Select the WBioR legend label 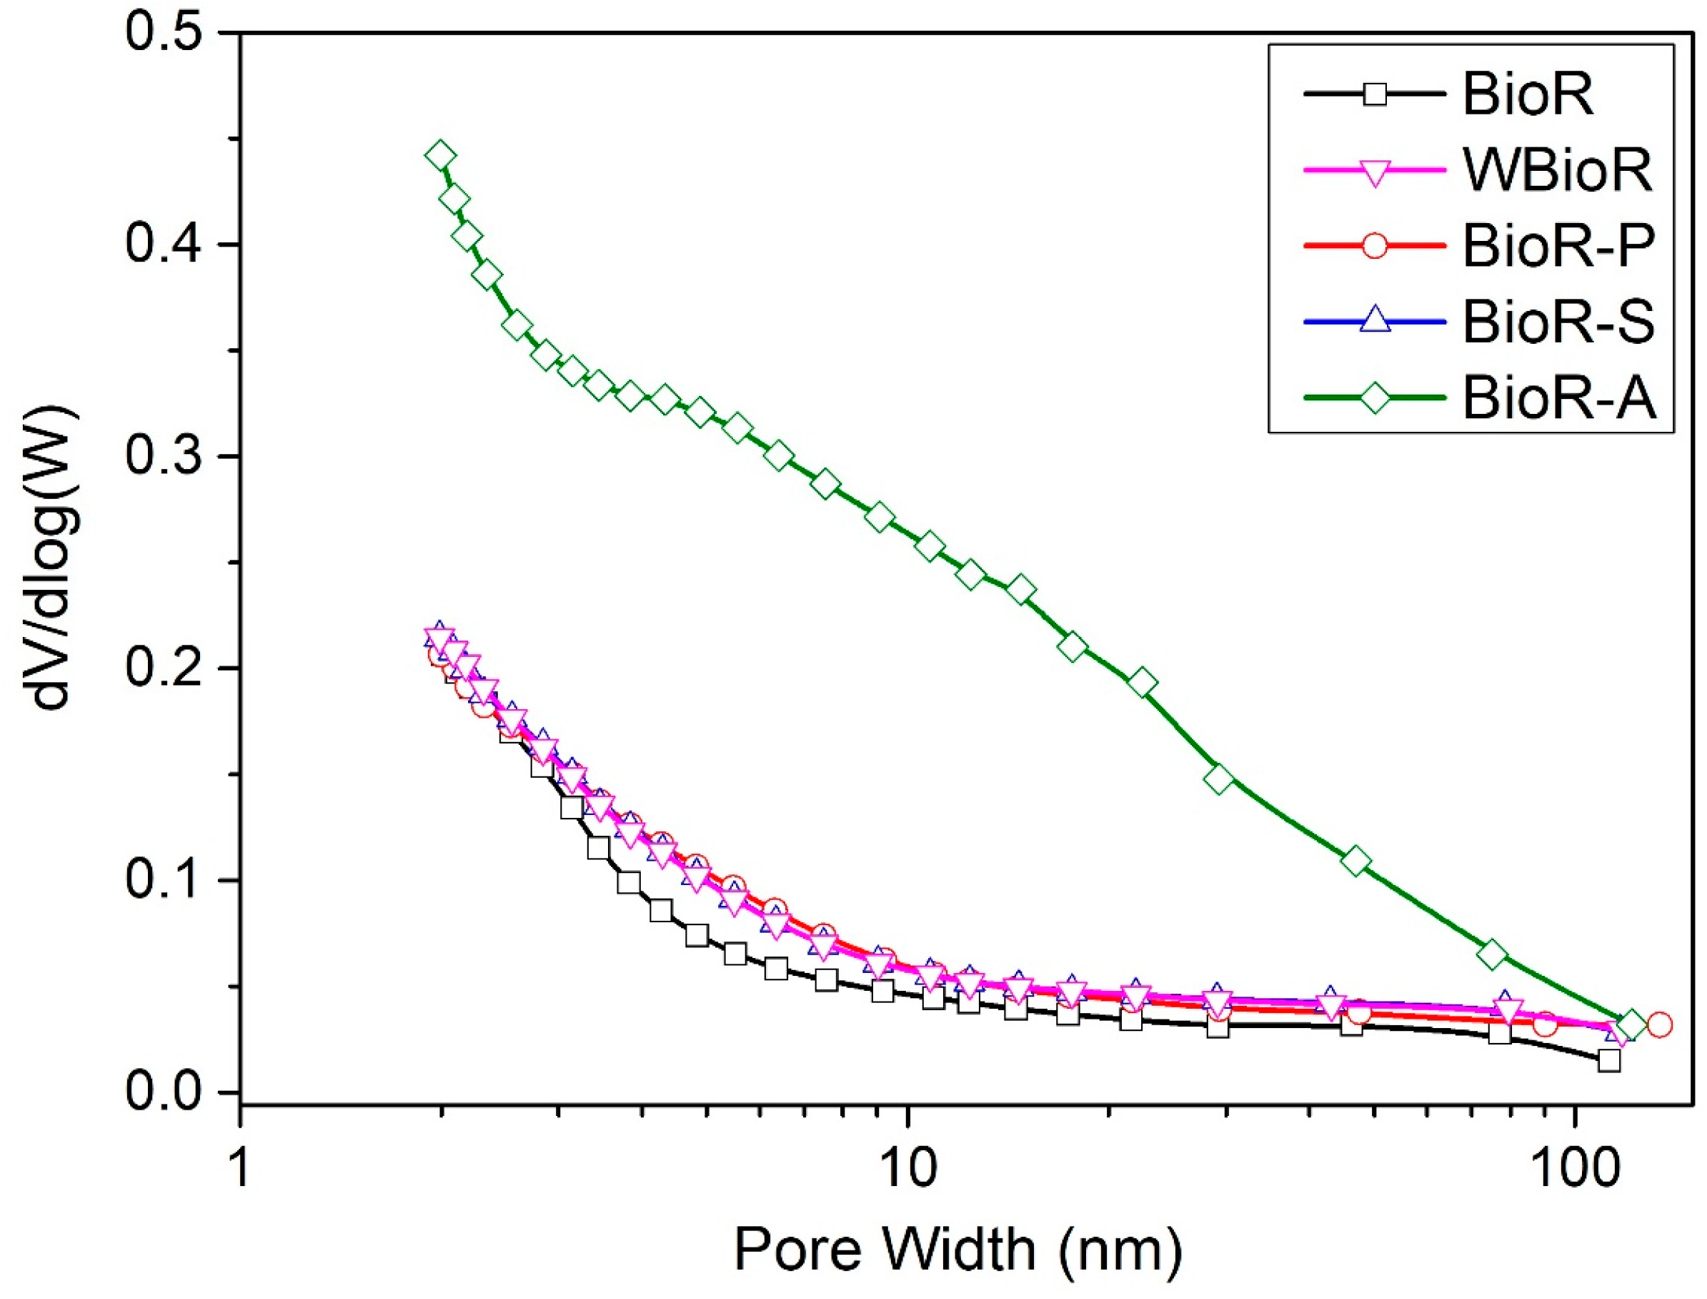click(x=1557, y=169)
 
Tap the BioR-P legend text click(x=1558, y=246)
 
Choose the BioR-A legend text click(x=1558, y=398)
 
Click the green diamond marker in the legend click(x=1375, y=398)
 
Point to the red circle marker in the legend click(x=1375, y=246)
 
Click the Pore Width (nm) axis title click(x=957, y=1250)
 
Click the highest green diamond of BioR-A click(x=440, y=156)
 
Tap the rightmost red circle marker click(x=1659, y=1025)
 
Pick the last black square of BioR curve click(x=1609, y=1060)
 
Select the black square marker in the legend click(x=1375, y=94)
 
